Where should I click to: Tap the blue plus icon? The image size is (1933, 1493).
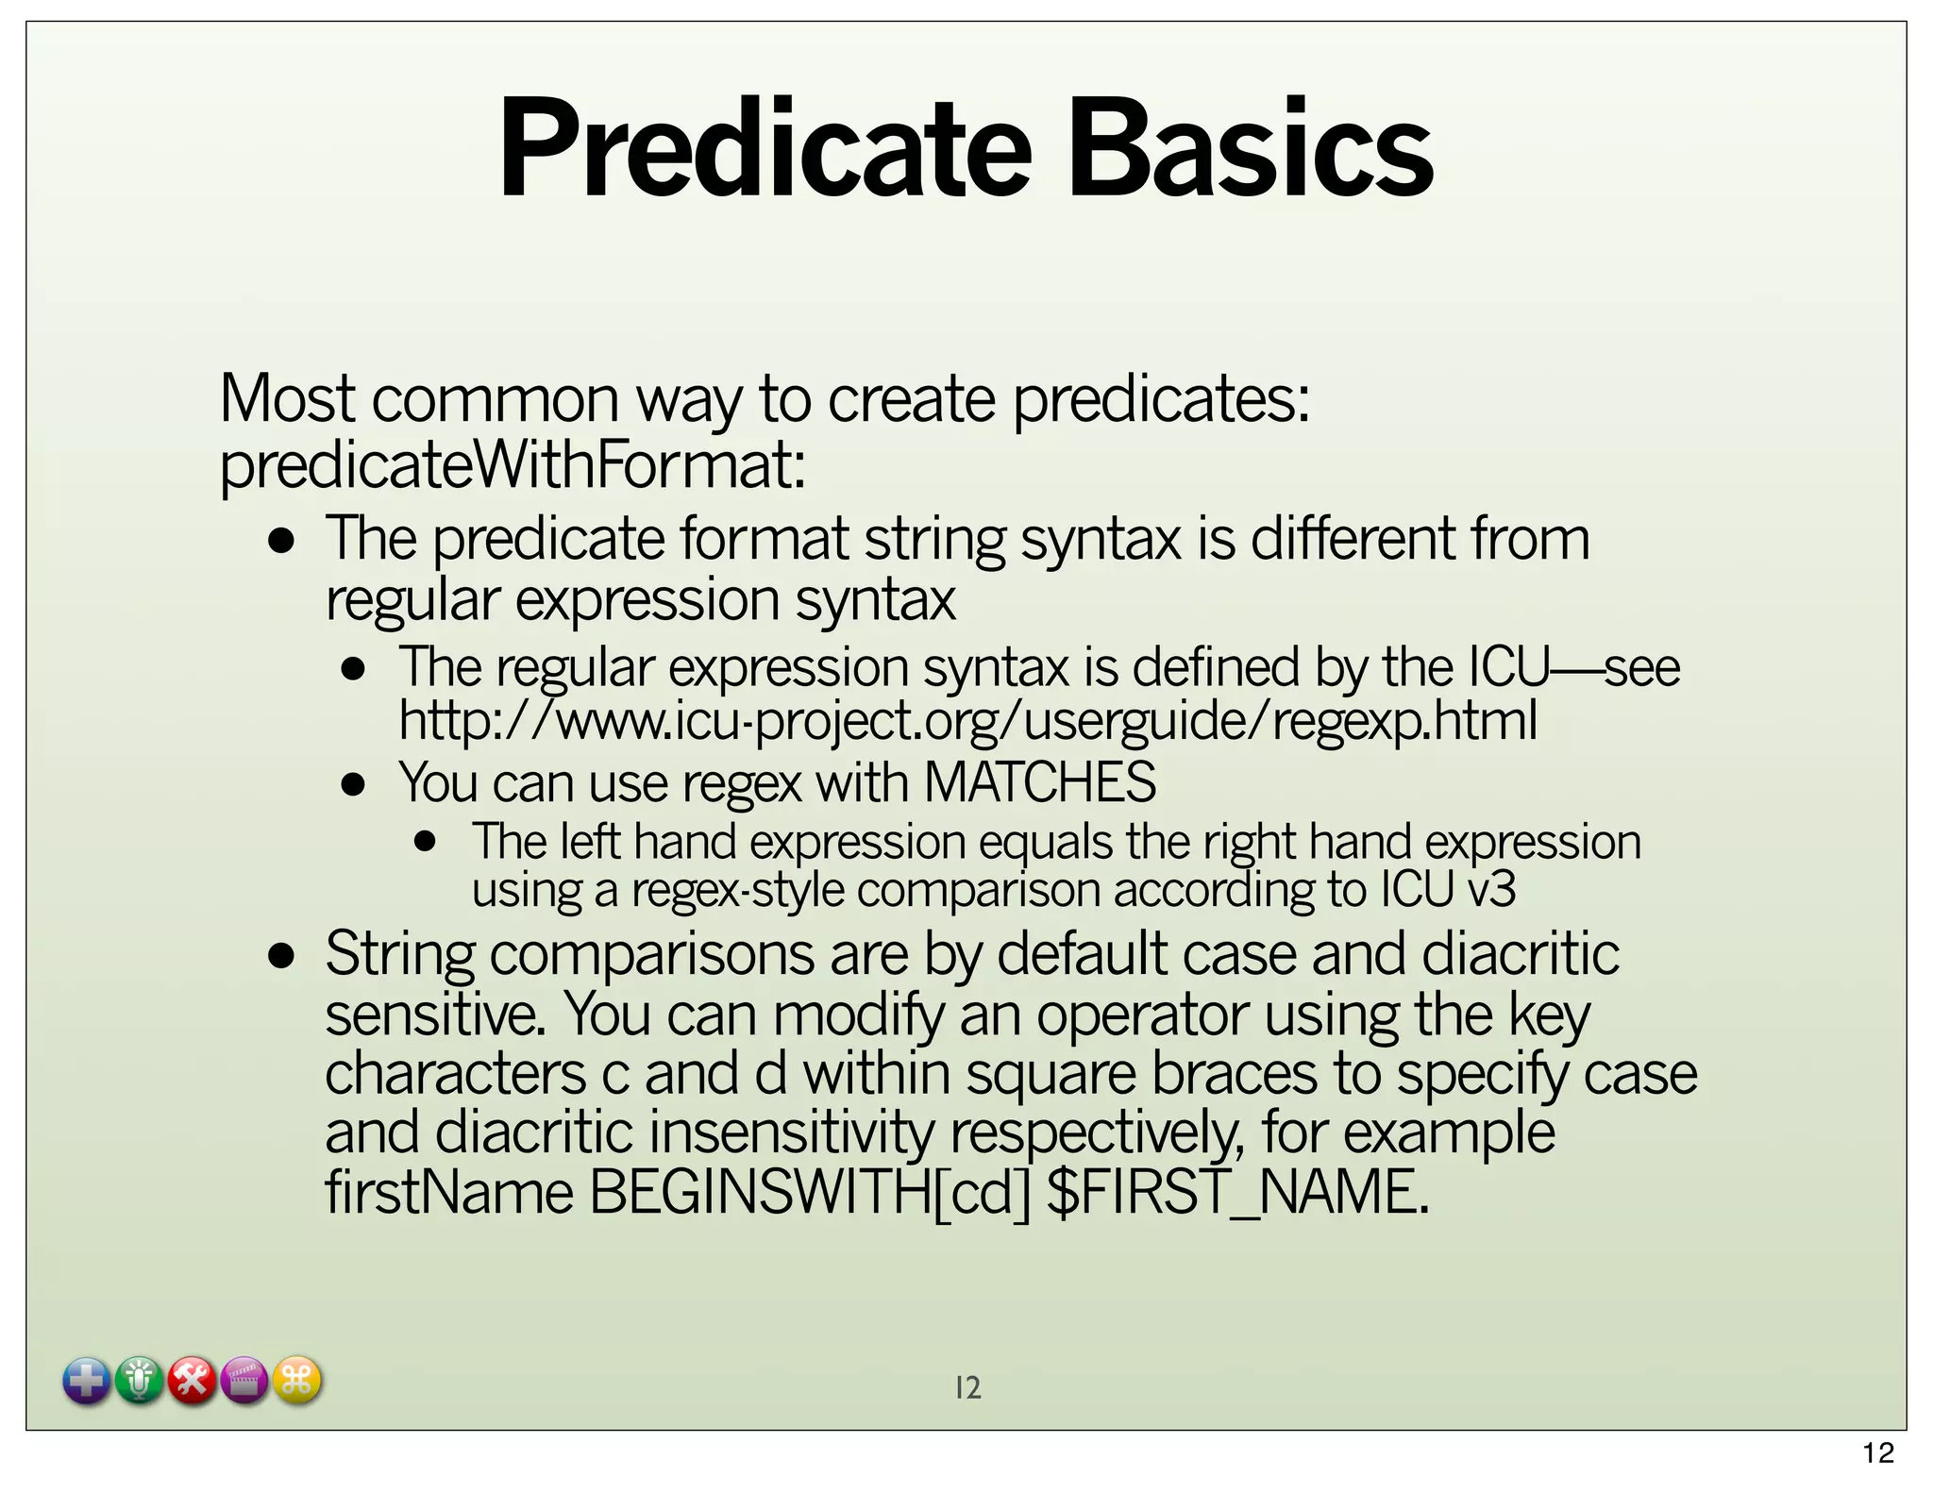point(87,1382)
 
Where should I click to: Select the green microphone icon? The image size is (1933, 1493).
point(140,1382)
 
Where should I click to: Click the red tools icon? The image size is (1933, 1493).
point(193,1382)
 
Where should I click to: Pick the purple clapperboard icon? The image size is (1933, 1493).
point(244,1382)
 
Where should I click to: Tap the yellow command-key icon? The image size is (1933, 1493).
point(297,1382)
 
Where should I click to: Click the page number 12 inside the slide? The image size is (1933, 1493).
point(967,1387)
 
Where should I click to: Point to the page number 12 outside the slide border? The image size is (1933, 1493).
point(1878,1453)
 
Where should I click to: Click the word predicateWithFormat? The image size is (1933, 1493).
point(513,466)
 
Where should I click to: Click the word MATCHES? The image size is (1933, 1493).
point(1039,782)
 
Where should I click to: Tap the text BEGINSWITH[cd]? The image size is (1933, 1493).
point(810,1193)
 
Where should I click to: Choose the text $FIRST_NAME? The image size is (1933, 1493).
point(1238,1193)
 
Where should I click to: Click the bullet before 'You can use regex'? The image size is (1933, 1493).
point(354,784)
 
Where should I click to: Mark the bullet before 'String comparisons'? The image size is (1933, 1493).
point(281,956)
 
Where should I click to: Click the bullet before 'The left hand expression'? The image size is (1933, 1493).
point(426,841)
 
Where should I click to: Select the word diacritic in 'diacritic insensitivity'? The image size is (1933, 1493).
point(533,1133)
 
